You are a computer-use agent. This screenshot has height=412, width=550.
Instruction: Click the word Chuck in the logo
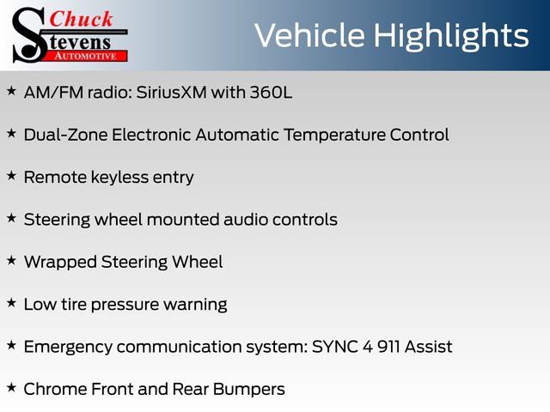tap(81, 20)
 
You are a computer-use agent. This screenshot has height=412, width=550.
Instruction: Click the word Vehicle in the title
tap(309, 35)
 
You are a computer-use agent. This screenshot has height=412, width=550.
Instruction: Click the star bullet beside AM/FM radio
tap(11, 91)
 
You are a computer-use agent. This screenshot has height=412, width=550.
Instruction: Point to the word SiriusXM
tap(171, 93)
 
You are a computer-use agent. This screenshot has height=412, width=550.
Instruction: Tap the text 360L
tap(271, 93)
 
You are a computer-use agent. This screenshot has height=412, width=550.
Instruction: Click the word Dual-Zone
tap(65, 135)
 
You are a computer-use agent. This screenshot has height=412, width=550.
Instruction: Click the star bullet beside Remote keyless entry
tap(11, 175)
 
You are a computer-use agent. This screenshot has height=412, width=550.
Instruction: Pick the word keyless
tap(119, 178)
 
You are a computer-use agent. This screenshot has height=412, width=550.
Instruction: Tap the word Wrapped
tap(60, 263)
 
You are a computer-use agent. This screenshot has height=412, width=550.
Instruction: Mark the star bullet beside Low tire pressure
tap(11, 302)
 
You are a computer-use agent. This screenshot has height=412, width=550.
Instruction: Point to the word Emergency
tap(68, 348)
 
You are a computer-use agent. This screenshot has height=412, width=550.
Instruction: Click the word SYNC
tap(335, 347)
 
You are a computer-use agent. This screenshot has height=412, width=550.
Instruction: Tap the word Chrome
tap(55, 389)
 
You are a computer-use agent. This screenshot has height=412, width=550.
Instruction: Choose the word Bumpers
tap(248, 390)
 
